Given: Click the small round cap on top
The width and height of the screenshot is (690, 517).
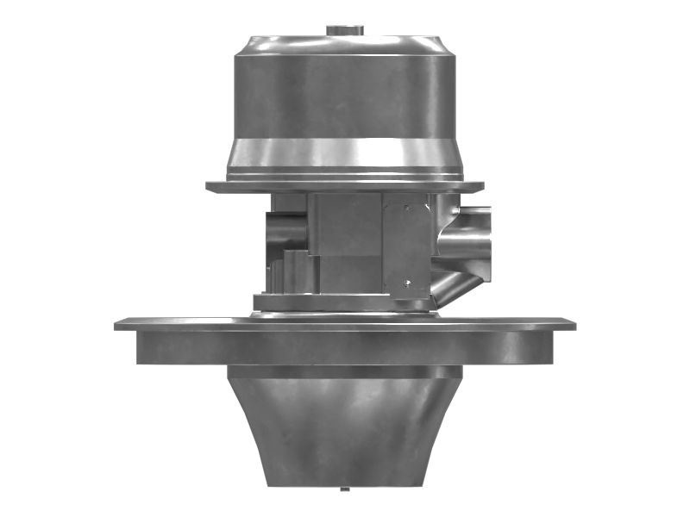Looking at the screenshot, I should pos(344,31).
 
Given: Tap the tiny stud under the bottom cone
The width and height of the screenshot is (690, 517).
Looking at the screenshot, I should pos(344,489).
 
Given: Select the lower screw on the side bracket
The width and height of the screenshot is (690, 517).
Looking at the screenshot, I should pos(410,283).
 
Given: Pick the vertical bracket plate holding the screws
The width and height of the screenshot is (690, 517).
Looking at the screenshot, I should pos(406,246).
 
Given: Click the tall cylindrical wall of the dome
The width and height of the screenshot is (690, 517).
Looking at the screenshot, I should pos(345,99).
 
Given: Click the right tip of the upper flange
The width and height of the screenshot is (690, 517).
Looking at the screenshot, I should pos(480,186).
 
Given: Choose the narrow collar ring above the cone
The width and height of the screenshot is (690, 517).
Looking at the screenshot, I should pos(345,371).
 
